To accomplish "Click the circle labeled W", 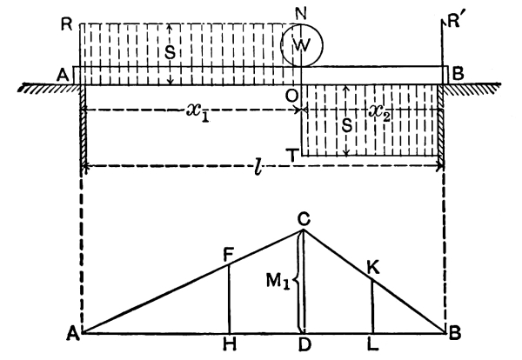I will coord(301,47).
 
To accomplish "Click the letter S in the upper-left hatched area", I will coord(171,53).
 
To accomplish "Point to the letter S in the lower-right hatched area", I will coord(347,124).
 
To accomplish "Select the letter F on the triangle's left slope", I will coord(228,254).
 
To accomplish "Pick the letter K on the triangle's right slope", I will coord(374,269).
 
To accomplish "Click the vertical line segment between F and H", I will coord(228,299).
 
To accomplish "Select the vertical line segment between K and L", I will coord(372,307).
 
